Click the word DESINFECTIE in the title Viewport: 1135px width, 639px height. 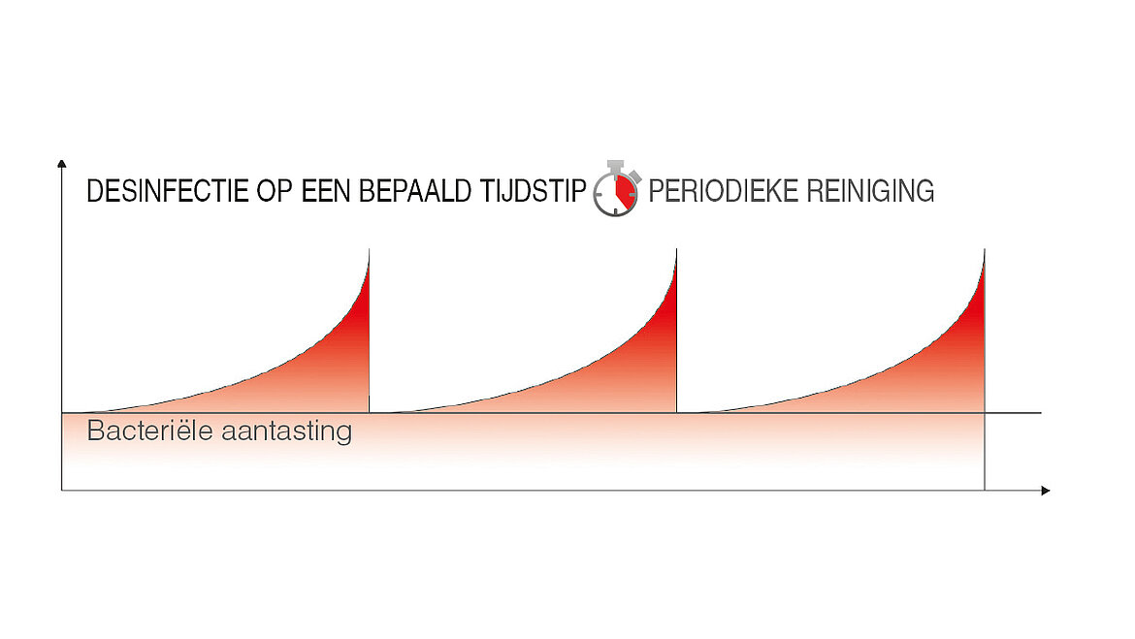coord(167,192)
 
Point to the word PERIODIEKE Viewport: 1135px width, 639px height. coord(723,192)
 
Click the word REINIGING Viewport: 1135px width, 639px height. coord(870,192)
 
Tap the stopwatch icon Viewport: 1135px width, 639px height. coord(617,188)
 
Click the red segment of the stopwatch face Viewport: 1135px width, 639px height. coord(626,191)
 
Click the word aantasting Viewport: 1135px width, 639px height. coord(286,431)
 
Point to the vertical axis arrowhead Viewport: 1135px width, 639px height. coord(61,164)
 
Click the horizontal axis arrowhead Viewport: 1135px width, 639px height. coord(1045,491)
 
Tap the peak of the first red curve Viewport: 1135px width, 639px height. coord(369,250)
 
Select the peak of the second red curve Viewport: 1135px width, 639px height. coord(676,250)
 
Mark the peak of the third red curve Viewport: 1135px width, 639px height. coord(984,250)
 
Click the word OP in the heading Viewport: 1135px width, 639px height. coord(274,192)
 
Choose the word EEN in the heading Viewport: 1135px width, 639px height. coord(326,192)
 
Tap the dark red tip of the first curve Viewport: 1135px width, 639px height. coord(362,304)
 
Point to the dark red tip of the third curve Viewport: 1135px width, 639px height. coord(977,304)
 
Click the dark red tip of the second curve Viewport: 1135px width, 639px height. coord(669,304)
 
